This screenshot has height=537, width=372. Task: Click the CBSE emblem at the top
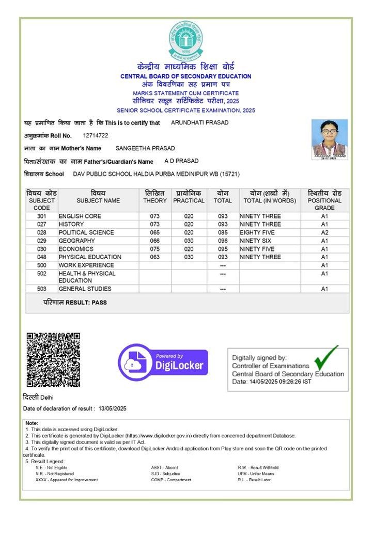pos(185,40)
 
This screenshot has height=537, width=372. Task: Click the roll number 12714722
pos(95,135)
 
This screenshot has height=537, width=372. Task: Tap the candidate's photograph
pos(330,139)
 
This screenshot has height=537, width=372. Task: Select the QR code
pos(53,360)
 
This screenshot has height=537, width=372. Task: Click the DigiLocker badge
pos(163,362)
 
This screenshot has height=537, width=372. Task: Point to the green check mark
pos(327,357)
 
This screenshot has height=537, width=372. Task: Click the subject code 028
pos(42,232)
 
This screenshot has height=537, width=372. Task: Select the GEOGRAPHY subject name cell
pos(76,241)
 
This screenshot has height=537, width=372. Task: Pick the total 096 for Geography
pos(223,241)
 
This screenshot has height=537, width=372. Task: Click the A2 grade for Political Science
pos(324,232)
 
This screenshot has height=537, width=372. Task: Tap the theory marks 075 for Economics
pos(155,249)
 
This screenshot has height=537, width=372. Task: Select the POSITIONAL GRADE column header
pos(324,200)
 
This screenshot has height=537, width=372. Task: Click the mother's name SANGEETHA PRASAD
pos(145,148)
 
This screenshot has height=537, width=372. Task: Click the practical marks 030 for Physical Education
pos(189,257)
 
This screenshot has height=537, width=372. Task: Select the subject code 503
pos(42,289)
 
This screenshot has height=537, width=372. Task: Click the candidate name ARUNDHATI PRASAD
pos(199,123)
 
